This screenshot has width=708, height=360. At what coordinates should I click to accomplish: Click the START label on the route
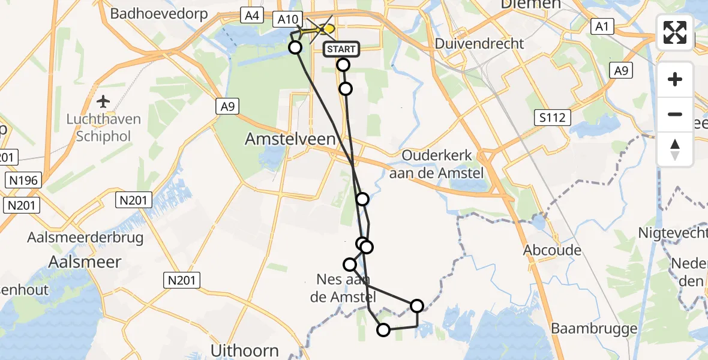(x=342, y=49)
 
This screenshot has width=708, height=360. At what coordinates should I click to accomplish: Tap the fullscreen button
(x=675, y=32)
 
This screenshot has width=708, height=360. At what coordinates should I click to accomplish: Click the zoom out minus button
(x=675, y=114)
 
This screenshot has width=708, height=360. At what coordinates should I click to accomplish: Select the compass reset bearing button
(x=675, y=149)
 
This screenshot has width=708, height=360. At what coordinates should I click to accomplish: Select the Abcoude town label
(x=552, y=250)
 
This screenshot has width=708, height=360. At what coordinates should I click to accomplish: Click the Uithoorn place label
(x=245, y=350)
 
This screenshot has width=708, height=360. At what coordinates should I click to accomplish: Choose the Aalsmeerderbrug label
(x=85, y=238)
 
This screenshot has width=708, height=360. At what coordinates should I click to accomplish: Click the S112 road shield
(x=551, y=117)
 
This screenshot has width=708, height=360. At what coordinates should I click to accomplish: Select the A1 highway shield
(x=601, y=26)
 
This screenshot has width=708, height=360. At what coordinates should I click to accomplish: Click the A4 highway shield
(x=251, y=16)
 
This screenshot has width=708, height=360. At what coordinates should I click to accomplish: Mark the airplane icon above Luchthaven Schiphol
(x=104, y=101)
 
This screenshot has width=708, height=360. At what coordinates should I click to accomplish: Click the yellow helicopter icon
(x=326, y=28)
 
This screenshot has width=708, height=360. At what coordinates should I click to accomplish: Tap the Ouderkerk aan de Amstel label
(x=436, y=164)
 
